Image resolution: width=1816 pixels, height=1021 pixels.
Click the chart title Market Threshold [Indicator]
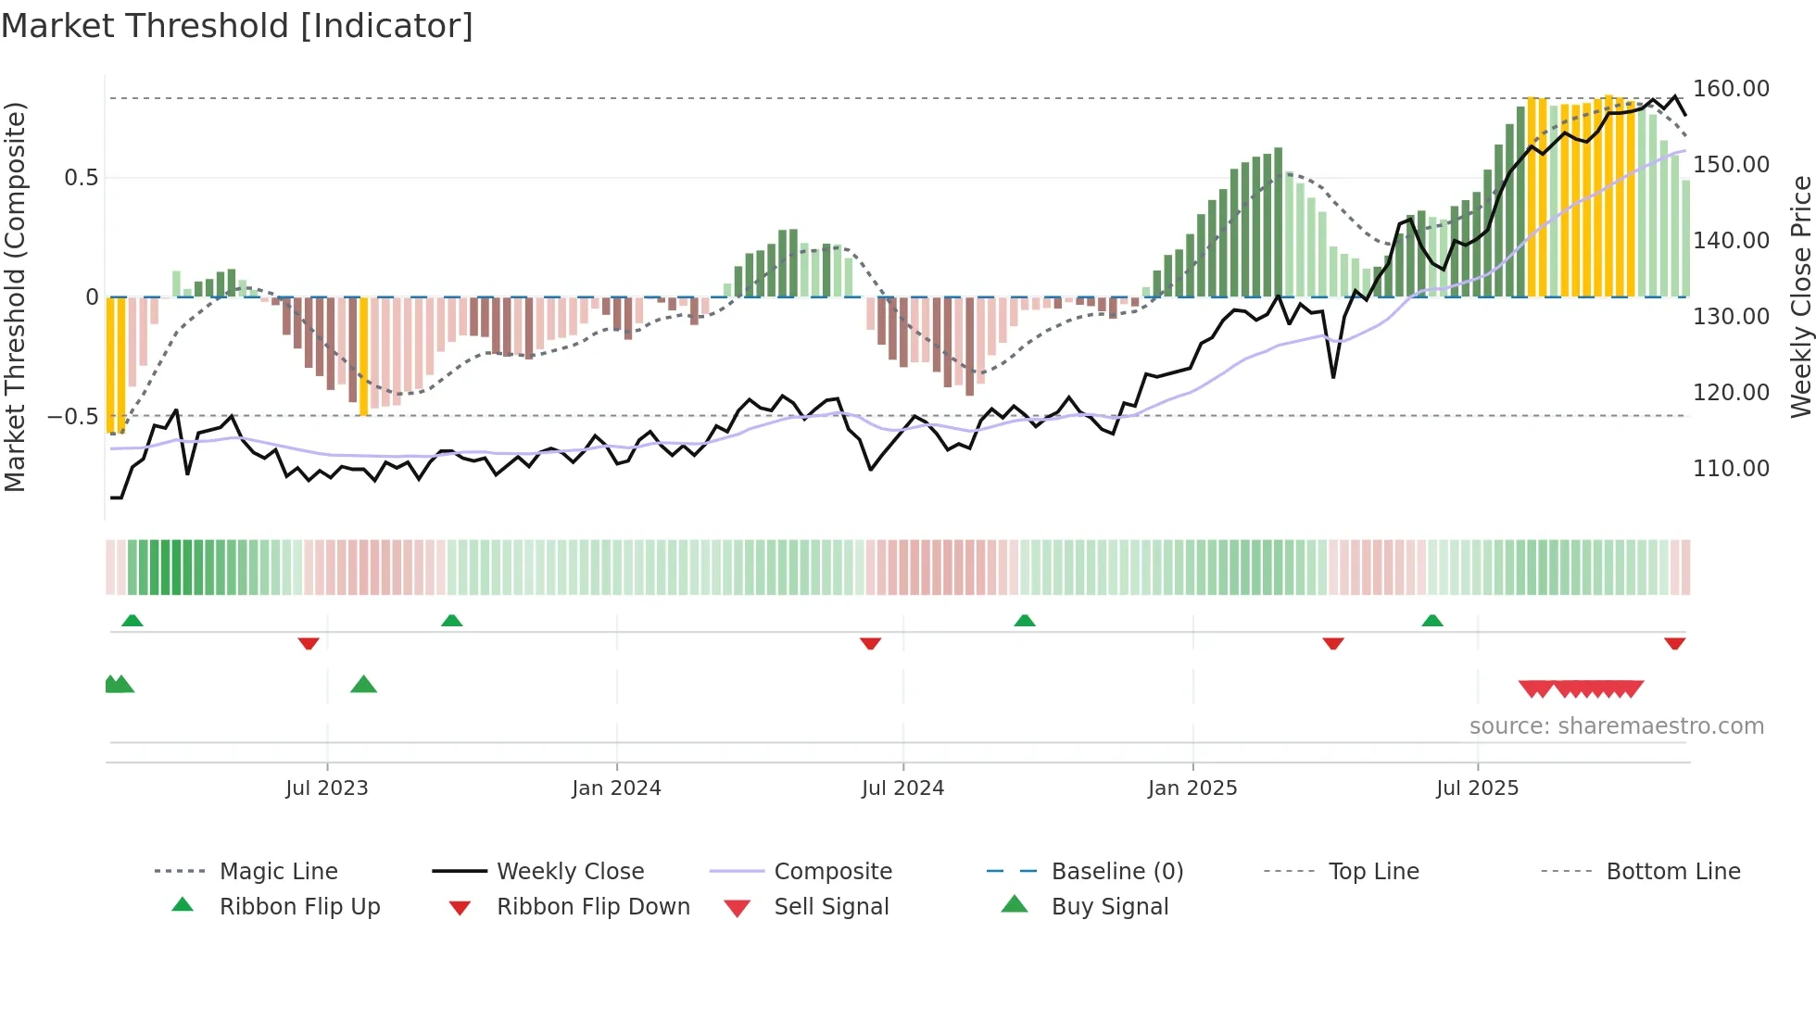click(x=237, y=26)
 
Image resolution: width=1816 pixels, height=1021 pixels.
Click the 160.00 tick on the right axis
click(x=1731, y=89)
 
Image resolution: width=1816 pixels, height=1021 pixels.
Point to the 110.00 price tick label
click(x=1731, y=469)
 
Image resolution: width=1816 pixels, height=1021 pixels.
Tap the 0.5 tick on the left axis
click(x=81, y=178)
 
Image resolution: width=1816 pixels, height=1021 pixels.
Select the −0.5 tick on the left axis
click(x=73, y=417)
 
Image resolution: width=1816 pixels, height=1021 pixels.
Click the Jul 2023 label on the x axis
click(x=326, y=788)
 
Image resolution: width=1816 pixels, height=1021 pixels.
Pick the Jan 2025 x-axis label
click(x=1192, y=788)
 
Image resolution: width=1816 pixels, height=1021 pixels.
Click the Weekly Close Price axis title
click(x=1800, y=296)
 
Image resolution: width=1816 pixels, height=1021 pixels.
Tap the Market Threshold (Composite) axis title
click(x=16, y=296)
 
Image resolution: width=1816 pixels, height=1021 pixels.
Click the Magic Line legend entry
click(x=278, y=872)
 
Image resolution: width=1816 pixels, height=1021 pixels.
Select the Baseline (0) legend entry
click(x=1116, y=872)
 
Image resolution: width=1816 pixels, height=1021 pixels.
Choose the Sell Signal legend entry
click(x=831, y=907)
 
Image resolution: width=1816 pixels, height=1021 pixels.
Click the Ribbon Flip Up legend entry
click(x=299, y=907)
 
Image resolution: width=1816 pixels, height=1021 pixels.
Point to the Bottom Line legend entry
click(x=1672, y=872)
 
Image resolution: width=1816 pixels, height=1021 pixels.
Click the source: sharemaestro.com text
click(x=1616, y=726)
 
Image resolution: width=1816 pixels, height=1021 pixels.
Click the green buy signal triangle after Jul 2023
click(x=363, y=685)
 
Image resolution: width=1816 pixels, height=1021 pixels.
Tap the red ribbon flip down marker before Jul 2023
click(x=309, y=643)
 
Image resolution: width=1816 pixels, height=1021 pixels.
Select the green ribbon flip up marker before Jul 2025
click(x=1432, y=621)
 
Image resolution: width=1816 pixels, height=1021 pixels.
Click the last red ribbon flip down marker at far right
click(x=1674, y=643)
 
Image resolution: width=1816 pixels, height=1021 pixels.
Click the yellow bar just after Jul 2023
click(x=363, y=357)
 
